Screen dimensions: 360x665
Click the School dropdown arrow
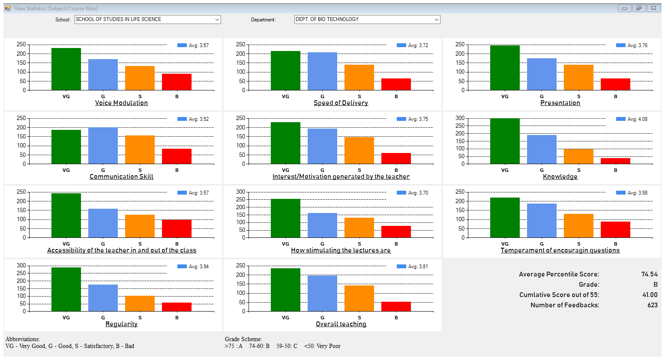[217, 20]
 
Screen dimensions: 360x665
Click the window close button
[653, 8]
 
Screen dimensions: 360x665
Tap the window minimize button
[624, 8]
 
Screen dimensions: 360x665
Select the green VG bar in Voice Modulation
[66, 69]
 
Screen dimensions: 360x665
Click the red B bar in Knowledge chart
[615, 161]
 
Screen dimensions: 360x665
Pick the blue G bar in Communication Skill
[103, 146]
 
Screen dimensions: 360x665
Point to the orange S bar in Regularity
[140, 303]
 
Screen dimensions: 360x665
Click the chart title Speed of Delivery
[341, 103]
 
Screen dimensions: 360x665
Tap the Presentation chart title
[560, 103]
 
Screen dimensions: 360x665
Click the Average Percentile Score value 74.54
[649, 274]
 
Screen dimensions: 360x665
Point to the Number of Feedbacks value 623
[652, 305]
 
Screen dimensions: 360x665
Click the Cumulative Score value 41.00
[650, 295]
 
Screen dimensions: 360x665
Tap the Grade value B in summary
[655, 285]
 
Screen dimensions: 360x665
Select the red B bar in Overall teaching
[396, 306]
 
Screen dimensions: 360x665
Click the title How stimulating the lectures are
[341, 250]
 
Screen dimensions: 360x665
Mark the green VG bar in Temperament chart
[505, 218]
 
